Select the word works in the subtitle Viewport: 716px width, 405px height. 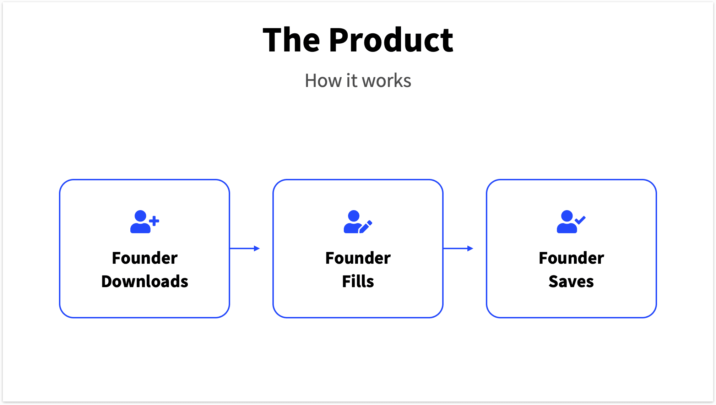(387, 81)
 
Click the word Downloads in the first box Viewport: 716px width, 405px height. (145, 281)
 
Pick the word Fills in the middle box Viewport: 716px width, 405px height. (358, 281)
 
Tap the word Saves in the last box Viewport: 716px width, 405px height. (571, 281)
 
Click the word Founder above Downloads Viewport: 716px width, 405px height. (145, 258)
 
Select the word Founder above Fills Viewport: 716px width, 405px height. (358, 258)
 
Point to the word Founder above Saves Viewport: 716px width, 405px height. (571, 258)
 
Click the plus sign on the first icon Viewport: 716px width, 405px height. (154, 221)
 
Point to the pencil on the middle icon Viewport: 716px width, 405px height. (366, 227)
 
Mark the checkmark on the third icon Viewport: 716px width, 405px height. (580, 220)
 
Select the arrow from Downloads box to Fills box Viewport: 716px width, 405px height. (245, 248)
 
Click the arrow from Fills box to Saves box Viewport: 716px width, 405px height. (458, 248)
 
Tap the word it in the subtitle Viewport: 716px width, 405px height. (352, 81)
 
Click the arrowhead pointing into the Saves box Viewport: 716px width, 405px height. (470, 248)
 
